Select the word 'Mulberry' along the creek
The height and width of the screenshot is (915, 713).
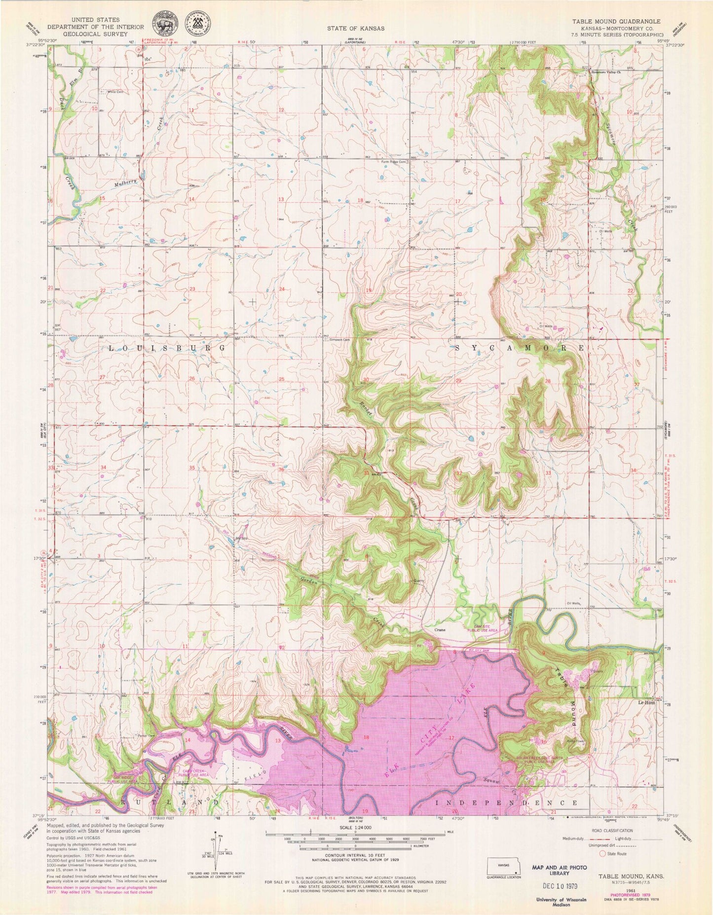point(123,183)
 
